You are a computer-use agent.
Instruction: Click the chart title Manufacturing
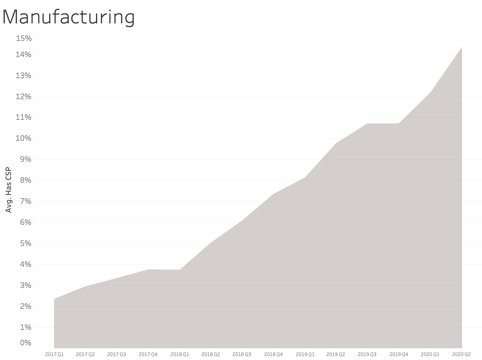[69, 17]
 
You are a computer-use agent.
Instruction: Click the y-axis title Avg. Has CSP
[9, 190]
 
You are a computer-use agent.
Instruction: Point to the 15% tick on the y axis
[23, 38]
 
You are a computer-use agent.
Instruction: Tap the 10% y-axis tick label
[23, 138]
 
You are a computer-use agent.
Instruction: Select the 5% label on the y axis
[25, 243]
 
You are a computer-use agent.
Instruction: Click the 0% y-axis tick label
[25, 343]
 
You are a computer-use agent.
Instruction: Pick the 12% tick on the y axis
[23, 96]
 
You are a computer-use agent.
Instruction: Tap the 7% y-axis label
[25, 201]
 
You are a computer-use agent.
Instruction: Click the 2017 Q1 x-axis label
[54, 354]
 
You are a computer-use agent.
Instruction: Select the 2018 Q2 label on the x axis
[211, 354]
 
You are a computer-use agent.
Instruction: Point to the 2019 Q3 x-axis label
[367, 354]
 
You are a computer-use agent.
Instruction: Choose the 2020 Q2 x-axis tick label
[461, 354]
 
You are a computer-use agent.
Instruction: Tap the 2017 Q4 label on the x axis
[148, 354]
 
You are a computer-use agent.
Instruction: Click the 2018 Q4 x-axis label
[273, 354]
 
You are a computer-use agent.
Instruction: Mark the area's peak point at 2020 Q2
[461, 48]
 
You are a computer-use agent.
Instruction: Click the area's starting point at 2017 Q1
[54, 299]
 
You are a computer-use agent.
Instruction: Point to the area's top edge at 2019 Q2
[336, 143]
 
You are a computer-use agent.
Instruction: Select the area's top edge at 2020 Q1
[430, 93]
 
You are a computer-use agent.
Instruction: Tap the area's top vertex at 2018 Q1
[179, 270]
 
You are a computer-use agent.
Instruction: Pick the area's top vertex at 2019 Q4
[398, 124]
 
